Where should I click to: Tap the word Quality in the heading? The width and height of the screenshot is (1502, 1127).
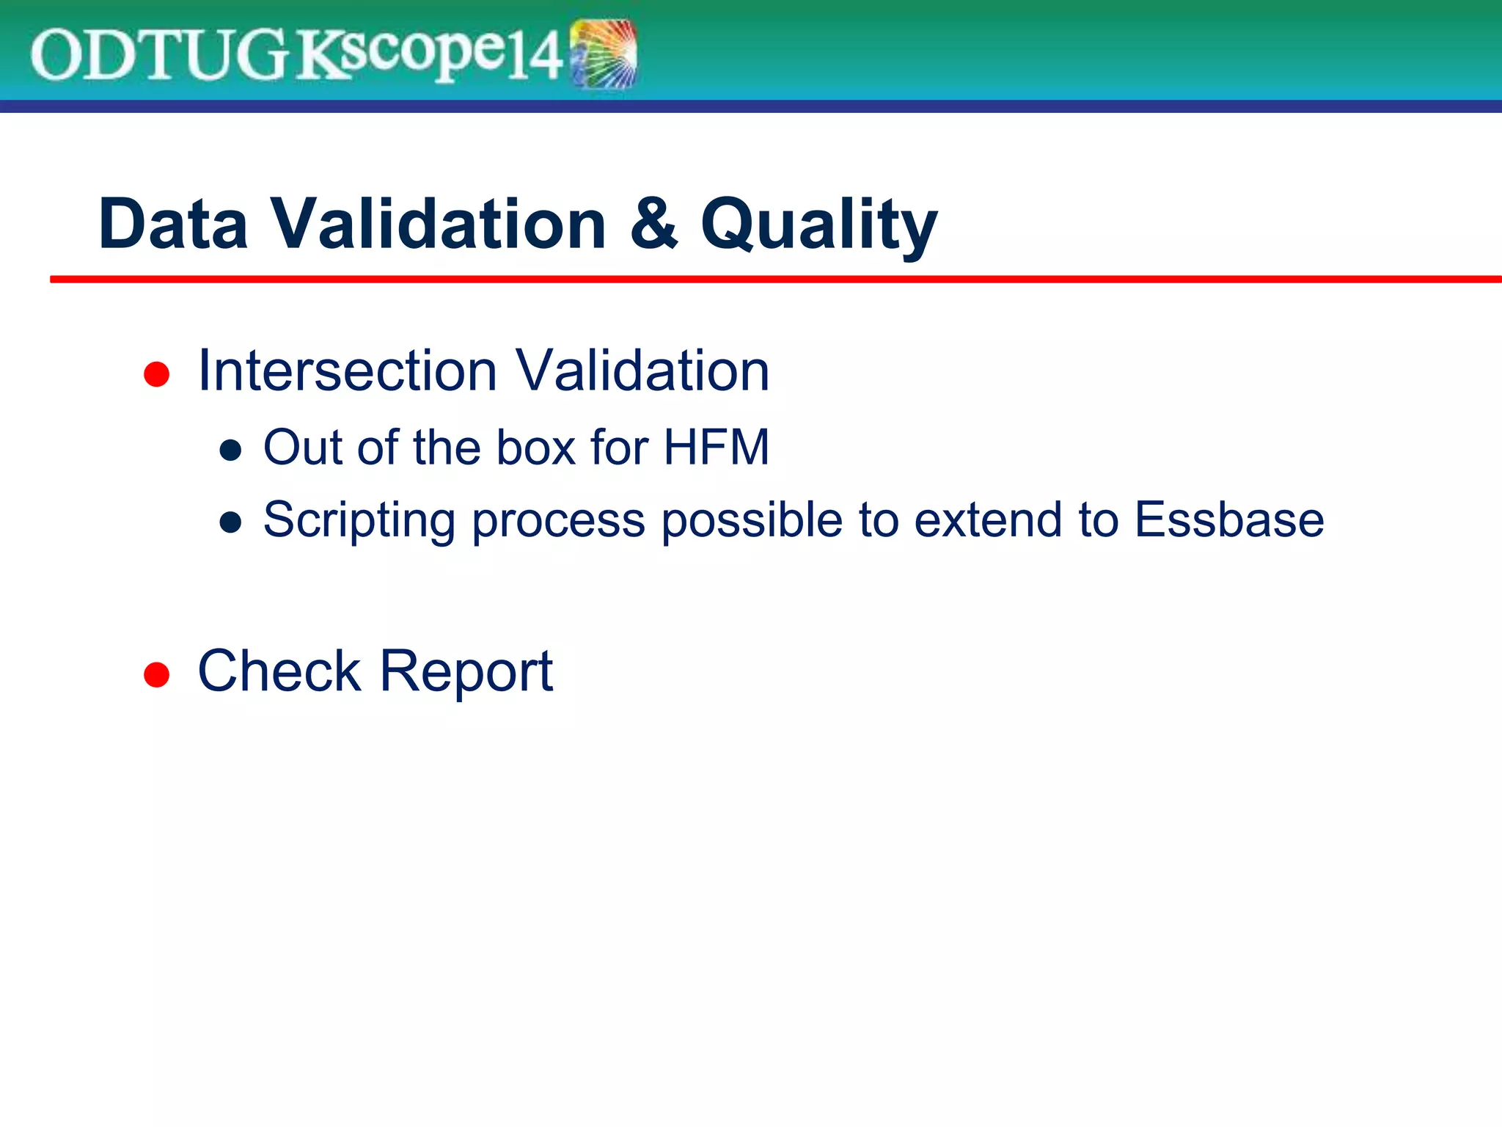[818, 225]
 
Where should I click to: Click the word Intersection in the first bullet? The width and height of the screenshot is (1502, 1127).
[348, 371]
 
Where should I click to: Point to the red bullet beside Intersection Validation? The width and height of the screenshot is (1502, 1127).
[156, 374]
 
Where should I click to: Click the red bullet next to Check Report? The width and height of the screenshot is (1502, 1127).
[156, 674]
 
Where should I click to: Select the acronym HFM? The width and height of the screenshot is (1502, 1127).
[716, 447]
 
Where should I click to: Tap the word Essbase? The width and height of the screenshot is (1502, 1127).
[1229, 519]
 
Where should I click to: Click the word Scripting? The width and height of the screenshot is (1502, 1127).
[359, 521]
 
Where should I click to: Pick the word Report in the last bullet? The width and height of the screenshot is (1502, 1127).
[466, 671]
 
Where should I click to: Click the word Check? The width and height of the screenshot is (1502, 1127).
[279, 671]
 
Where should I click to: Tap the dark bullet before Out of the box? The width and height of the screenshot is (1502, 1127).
[230, 450]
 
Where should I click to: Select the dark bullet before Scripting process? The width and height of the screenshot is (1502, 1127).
[230, 522]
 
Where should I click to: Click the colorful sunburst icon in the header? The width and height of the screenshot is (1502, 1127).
[604, 54]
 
